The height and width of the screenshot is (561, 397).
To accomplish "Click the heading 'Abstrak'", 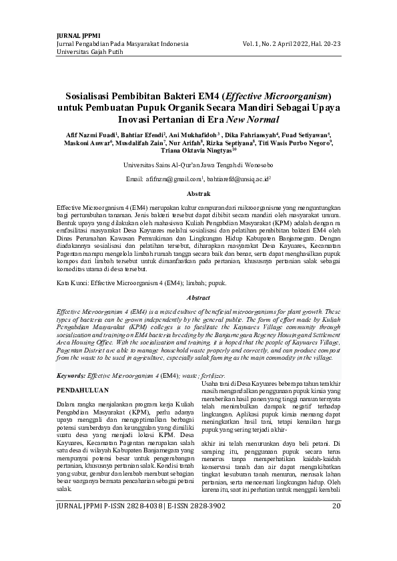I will tap(198, 193).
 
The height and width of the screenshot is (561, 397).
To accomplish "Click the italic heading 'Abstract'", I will tap(198, 297).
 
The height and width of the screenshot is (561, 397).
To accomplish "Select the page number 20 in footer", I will tap(336, 544).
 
